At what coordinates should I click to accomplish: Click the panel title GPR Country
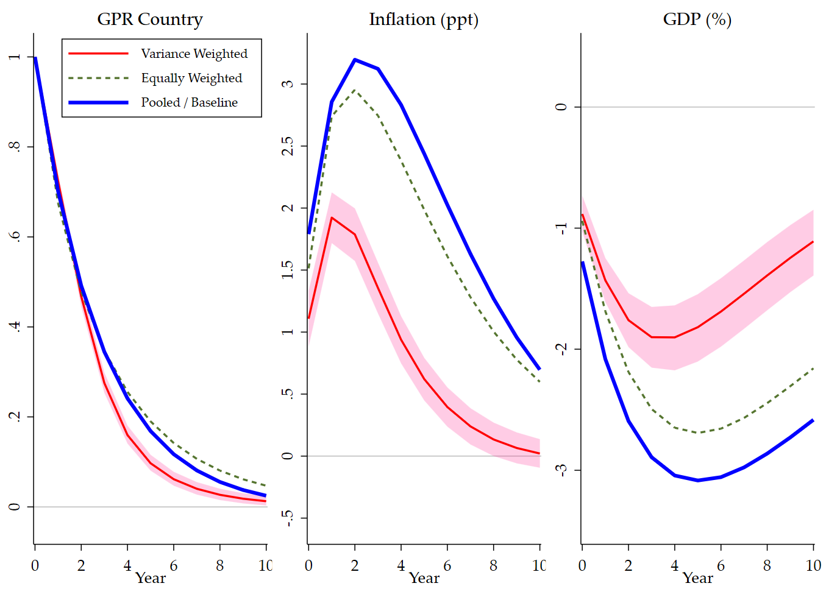pos(150,19)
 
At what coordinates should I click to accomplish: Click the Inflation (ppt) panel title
pos(424,19)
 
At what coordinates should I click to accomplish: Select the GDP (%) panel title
pos(697,19)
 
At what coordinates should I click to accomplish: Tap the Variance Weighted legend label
pos(194,54)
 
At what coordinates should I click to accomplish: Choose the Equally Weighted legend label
pos(191,78)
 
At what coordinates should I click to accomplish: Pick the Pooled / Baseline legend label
pos(189,102)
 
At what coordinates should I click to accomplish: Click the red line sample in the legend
pos(99,54)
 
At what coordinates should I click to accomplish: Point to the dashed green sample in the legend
pos(99,78)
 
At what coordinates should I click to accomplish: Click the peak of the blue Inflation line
pos(355,60)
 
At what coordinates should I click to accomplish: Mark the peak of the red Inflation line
pos(332,217)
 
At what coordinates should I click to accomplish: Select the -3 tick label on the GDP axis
pos(561,470)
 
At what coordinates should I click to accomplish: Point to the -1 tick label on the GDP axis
pos(561,227)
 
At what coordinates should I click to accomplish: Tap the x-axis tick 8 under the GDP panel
pos(767,565)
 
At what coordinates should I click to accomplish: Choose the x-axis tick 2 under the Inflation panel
pos(355,565)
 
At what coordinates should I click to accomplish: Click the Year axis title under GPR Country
pos(151,578)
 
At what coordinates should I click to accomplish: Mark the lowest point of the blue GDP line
pos(698,481)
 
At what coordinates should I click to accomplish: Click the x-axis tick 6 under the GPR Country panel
pos(174,565)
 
